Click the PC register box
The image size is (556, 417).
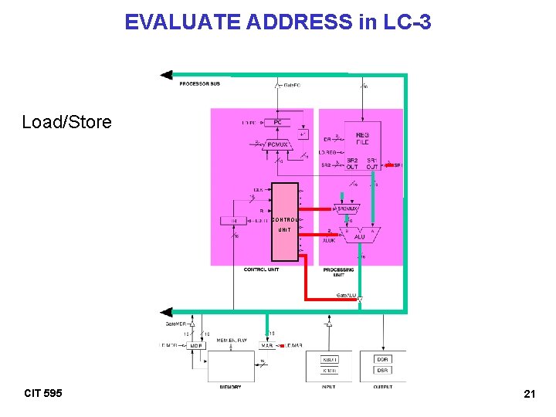[276, 122]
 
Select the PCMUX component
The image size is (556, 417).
[276, 144]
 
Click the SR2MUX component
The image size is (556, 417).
[348, 208]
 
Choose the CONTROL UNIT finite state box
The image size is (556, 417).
[284, 222]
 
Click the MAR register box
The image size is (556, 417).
[267, 345]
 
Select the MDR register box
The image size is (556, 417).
[197, 345]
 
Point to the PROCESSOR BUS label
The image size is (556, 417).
[199, 83]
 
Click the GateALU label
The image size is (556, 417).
[345, 296]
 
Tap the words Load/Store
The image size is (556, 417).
[66, 122]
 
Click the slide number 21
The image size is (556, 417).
[530, 395]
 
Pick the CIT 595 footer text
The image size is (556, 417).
[43, 394]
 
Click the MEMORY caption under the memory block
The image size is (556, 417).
[230, 386]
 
